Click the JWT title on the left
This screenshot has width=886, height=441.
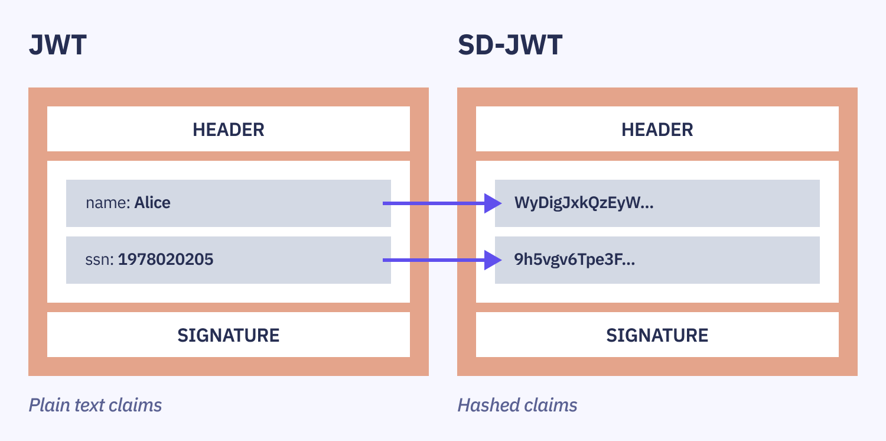pos(58,46)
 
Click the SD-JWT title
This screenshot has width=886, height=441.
pos(510,46)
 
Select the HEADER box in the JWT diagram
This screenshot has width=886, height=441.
pos(228,129)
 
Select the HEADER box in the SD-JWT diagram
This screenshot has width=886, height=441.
pos(657,129)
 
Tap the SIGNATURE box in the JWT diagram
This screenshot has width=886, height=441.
pos(228,335)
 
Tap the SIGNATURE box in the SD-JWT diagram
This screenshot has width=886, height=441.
pos(657,335)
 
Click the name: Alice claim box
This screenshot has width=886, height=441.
pos(228,203)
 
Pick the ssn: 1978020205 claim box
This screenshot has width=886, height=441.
pos(228,260)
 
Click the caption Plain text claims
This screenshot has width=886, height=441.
pos(95,405)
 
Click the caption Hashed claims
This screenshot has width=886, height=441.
pos(517,405)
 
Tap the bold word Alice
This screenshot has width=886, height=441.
pos(152,203)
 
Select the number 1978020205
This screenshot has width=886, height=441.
pos(165,260)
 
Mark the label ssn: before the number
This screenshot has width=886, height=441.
pos(100,260)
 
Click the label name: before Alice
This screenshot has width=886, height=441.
pos(108,203)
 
